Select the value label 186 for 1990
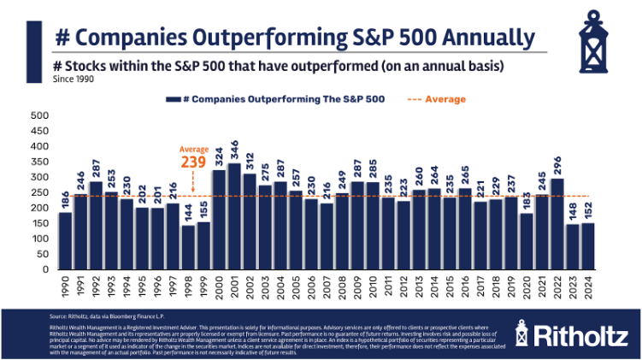(65, 199)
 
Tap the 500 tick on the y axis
(40, 115)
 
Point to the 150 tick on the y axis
(40, 222)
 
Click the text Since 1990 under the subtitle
(74, 80)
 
